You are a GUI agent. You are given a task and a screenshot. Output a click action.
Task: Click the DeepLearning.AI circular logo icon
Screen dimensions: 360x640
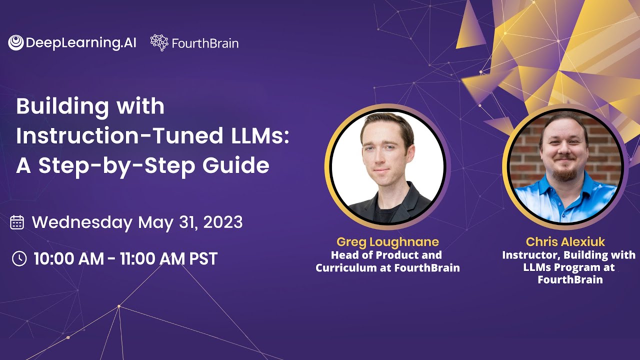[16, 43]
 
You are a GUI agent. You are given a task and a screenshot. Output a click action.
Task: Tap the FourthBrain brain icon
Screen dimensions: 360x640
[159, 43]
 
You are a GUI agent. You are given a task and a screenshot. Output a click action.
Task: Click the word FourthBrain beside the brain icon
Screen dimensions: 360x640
[205, 43]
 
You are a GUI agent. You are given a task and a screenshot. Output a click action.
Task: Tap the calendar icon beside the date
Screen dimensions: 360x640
[17, 222]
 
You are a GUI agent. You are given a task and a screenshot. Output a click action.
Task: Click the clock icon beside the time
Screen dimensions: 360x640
[19, 258]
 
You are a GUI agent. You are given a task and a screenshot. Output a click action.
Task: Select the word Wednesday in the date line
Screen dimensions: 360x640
[82, 222]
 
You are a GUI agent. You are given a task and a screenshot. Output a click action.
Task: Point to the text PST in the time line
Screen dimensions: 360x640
[203, 258]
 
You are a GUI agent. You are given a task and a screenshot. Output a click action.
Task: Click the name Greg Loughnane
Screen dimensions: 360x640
[387, 242]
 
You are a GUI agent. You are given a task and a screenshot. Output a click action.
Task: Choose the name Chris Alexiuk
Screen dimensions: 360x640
[565, 242]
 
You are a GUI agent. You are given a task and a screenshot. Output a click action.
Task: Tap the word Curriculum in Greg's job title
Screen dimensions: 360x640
[345, 268]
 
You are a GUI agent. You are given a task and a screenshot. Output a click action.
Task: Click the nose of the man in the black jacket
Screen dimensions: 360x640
[382, 159]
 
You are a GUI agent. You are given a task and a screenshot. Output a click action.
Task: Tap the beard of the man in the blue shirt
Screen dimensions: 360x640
[565, 172]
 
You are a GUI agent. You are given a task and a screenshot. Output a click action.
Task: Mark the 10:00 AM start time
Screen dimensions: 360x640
[67, 258]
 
